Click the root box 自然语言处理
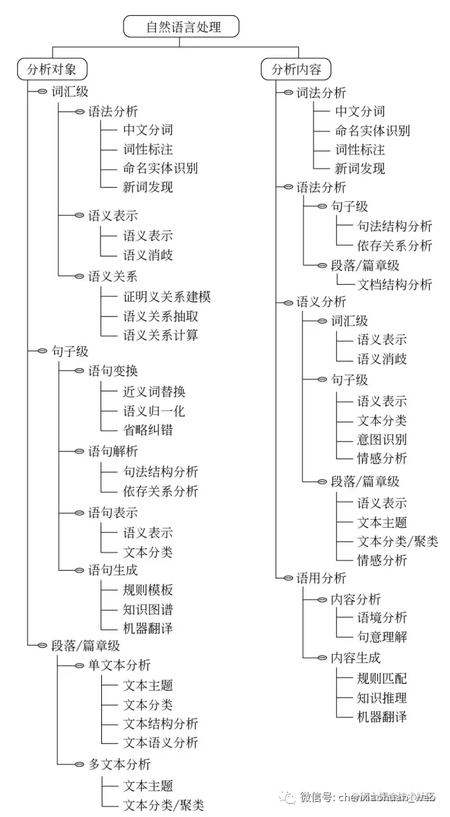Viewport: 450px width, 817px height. (x=182, y=27)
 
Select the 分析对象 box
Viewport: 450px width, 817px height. (x=51, y=69)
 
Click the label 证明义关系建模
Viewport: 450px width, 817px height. (x=166, y=297)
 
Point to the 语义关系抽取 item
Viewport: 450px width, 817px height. (x=160, y=316)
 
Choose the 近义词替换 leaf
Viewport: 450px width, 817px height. (x=154, y=392)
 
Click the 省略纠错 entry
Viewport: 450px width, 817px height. (x=147, y=430)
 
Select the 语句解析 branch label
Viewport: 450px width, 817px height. (x=113, y=451)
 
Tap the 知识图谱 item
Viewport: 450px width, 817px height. (x=147, y=609)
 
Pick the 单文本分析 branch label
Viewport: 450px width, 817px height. (x=119, y=665)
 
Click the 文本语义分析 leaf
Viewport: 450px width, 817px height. (x=160, y=742)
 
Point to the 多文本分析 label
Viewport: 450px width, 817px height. (x=119, y=764)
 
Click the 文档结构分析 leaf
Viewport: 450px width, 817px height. (x=394, y=285)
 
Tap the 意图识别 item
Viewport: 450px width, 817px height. (x=382, y=439)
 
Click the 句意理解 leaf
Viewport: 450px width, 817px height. (x=382, y=637)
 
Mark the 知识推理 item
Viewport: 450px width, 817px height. (x=382, y=698)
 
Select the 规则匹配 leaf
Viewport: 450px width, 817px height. (x=382, y=679)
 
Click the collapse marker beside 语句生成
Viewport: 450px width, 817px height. (x=80, y=571)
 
